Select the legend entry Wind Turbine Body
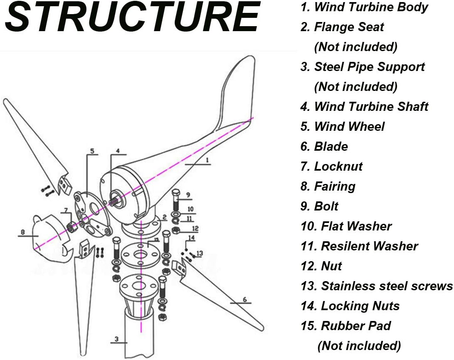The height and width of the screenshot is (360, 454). click(x=364, y=7)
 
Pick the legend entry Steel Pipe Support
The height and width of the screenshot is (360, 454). click(x=363, y=67)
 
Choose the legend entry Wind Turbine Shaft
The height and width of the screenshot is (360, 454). click(x=364, y=107)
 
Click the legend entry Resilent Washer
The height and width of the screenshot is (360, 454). click(x=359, y=246)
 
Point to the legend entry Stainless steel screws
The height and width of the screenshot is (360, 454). click(x=376, y=286)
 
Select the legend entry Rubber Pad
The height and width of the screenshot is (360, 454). click(x=346, y=326)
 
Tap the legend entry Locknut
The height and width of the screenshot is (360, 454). click(x=331, y=167)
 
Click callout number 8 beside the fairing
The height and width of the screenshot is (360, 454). click(x=23, y=232)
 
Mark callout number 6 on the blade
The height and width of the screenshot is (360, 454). click(x=244, y=299)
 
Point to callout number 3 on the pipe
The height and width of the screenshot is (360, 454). click(x=117, y=339)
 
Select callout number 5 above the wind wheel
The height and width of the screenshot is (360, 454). click(x=92, y=150)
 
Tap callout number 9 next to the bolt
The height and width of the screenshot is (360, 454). click(x=188, y=195)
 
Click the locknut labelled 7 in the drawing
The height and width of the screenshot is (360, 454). click(x=72, y=226)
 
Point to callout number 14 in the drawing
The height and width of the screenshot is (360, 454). click(x=191, y=238)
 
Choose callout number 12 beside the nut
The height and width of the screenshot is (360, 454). click(x=195, y=228)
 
